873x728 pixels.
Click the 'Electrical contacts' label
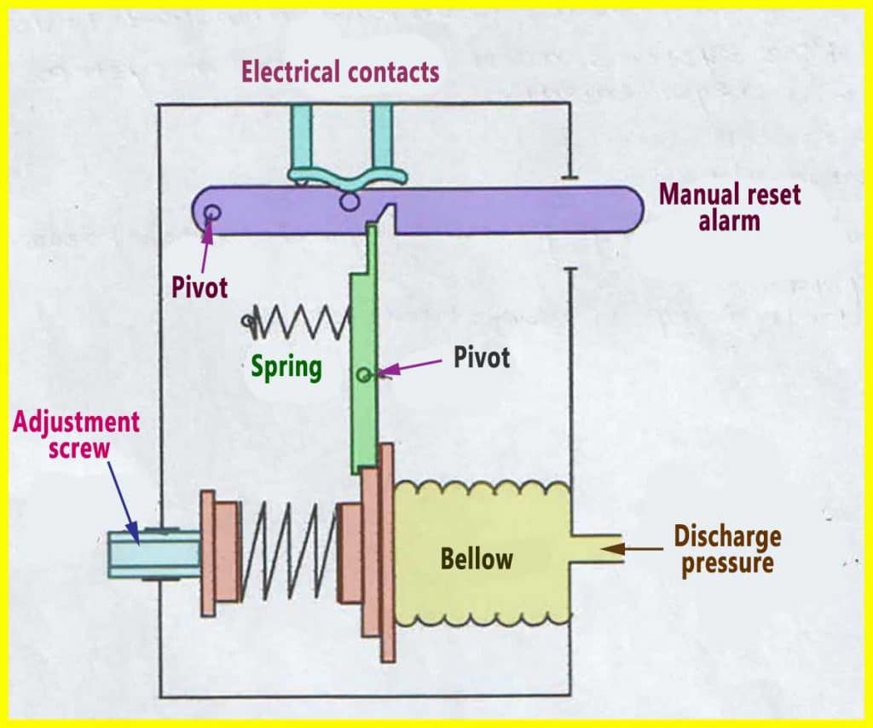tap(340, 71)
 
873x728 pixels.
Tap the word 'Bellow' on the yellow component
tap(477, 558)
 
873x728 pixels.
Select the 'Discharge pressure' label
tap(727, 549)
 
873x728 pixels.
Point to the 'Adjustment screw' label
tap(76, 434)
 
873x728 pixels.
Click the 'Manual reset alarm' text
tap(730, 207)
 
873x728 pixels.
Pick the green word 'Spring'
tap(286, 367)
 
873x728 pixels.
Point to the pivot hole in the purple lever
tap(211, 211)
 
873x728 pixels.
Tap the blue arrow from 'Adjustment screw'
tap(124, 499)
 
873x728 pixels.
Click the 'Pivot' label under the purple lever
tap(200, 286)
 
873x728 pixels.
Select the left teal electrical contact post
tap(302, 141)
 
